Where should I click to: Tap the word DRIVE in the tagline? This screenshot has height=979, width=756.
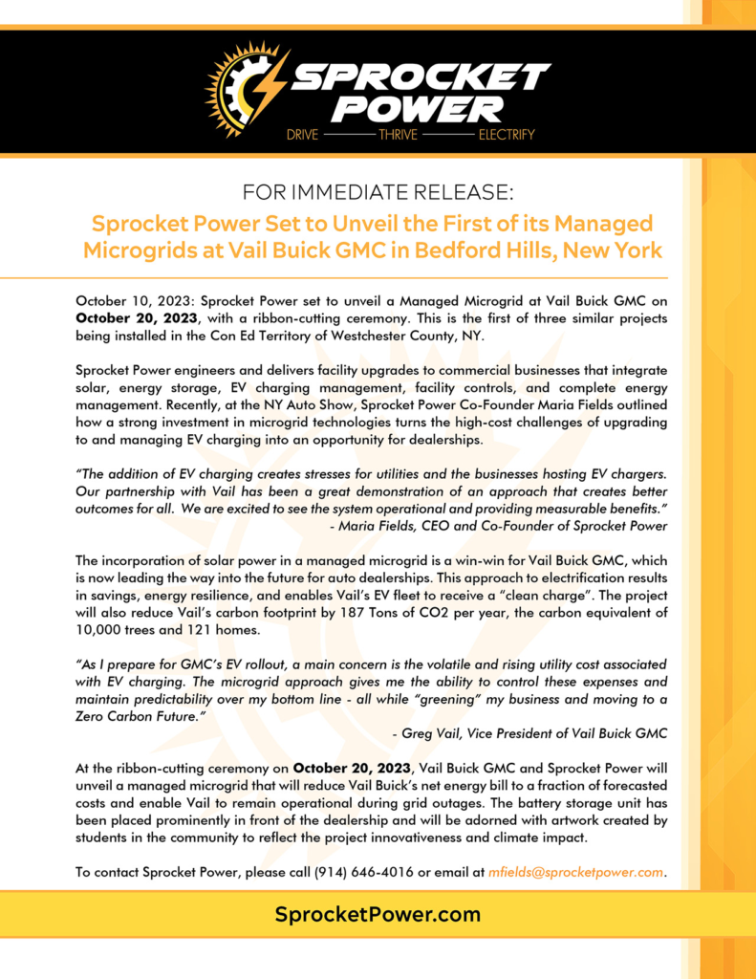coord(304,135)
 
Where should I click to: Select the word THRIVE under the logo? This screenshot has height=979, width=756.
coord(398,135)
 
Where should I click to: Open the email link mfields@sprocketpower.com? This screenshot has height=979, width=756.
coord(575,872)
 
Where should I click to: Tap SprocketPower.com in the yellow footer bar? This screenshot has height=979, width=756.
coord(378,915)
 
